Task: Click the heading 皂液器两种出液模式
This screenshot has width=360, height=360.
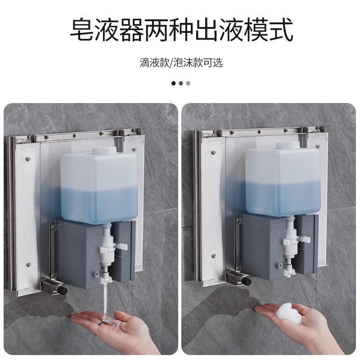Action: pos(180,31)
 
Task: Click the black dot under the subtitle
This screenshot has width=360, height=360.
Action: pos(174,83)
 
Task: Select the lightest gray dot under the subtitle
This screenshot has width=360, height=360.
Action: pos(188,83)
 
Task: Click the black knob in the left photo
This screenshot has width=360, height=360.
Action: pos(64,290)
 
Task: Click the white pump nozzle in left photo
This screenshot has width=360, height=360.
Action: pos(106,256)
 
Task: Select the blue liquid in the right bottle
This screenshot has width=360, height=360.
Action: pos(283,198)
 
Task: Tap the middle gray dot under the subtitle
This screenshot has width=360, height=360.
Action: pos(181,83)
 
